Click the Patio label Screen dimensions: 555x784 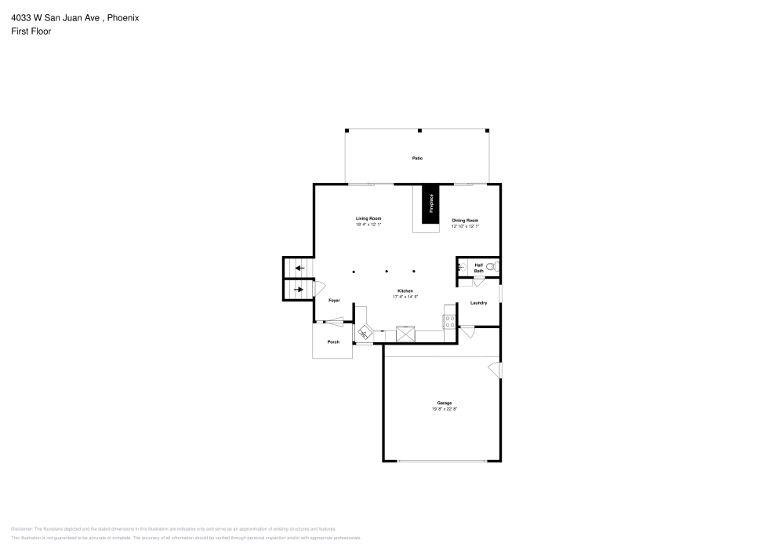point(418,159)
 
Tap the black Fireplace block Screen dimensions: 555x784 point(430,204)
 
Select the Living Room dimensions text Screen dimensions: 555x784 point(368,225)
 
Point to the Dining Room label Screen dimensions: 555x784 point(465,221)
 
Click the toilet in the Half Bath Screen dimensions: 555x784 point(490,268)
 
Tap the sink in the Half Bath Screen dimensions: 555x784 point(462,268)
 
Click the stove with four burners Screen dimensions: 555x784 point(449,320)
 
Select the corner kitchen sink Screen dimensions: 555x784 point(365,334)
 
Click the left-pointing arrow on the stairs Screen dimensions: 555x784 point(299,268)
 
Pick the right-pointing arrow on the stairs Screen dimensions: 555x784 point(299,290)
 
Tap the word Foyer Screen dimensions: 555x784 point(333,301)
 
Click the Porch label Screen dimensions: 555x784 point(333,342)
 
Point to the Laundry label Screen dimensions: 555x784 point(479,303)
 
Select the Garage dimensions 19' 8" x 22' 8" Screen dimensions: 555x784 point(444,409)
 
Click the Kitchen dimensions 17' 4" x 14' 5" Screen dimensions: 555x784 point(405,297)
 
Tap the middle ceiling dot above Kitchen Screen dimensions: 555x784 point(386,272)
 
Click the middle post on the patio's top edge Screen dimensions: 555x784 point(419,130)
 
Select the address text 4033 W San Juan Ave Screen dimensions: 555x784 point(53,17)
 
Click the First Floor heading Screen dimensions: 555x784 point(31,31)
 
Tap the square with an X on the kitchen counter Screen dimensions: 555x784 point(405,334)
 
